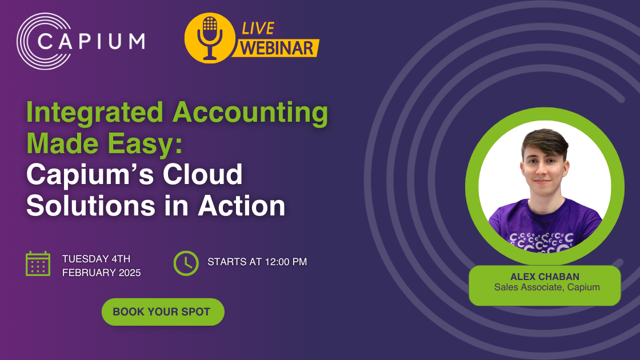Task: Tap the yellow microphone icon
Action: (210, 38)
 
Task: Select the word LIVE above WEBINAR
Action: (258, 28)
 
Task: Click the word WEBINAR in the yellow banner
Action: (277, 47)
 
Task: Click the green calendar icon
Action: (38, 263)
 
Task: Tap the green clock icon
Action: (186, 263)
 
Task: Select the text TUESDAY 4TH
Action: (96, 259)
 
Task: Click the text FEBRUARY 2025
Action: (101, 273)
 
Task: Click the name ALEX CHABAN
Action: (545, 277)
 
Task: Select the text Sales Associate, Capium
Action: (547, 287)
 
